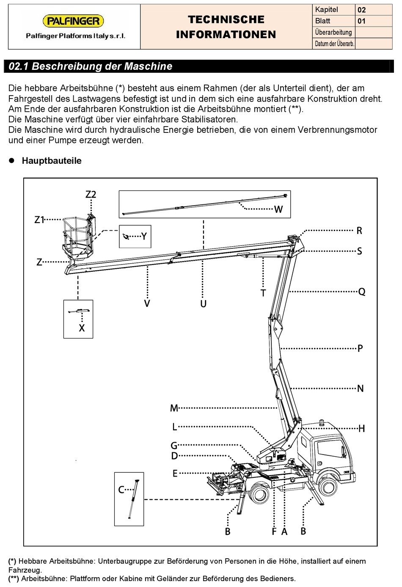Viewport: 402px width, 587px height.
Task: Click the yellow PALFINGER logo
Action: tap(73, 21)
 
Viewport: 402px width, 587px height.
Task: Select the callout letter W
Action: tap(278, 209)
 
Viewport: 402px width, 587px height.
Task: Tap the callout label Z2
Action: tap(91, 194)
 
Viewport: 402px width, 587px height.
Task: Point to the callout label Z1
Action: tap(39, 220)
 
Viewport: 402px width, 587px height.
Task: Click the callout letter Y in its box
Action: tap(144, 236)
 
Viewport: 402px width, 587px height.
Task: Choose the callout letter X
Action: tap(82, 328)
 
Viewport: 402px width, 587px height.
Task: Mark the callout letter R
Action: tap(359, 231)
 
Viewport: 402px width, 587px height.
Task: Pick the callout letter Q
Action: tap(362, 292)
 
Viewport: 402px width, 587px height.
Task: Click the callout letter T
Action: tap(263, 293)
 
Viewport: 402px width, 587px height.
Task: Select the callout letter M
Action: tap(174, 408)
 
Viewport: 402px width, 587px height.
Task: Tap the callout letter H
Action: tap(362, 429)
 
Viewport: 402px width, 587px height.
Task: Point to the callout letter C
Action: tap(121, 490)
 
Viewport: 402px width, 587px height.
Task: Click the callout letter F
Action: tap(274, 532)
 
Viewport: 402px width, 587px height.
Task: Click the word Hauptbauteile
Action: tap(52, 161)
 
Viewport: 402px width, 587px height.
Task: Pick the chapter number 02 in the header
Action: tap(361, 10)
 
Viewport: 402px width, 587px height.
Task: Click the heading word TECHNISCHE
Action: tap(226, 19)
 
